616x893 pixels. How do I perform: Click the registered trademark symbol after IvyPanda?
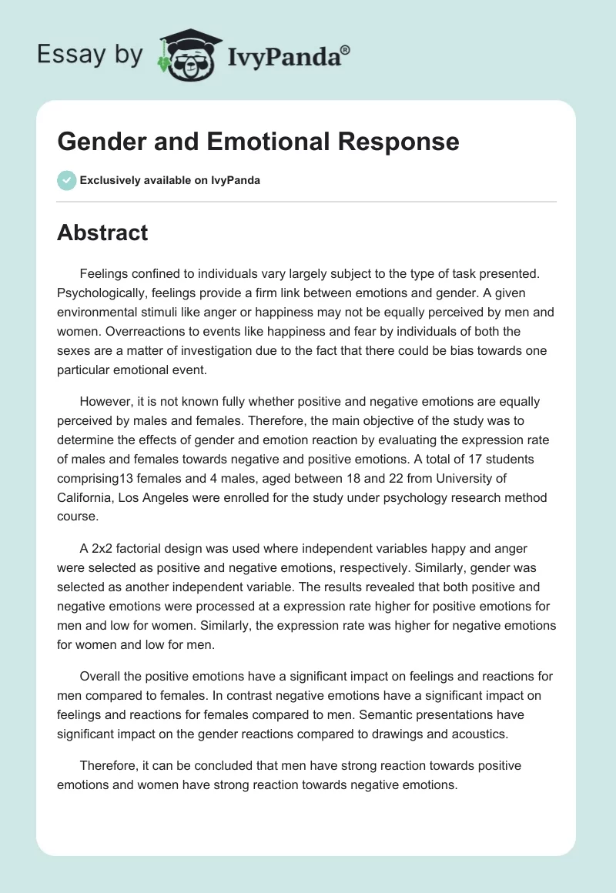(x=346, y=49)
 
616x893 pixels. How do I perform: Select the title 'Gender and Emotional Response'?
(x=258, y=142)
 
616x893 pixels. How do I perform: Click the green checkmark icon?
(x=66, y=180)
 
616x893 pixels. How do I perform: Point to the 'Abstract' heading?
(x=102, y=232)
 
